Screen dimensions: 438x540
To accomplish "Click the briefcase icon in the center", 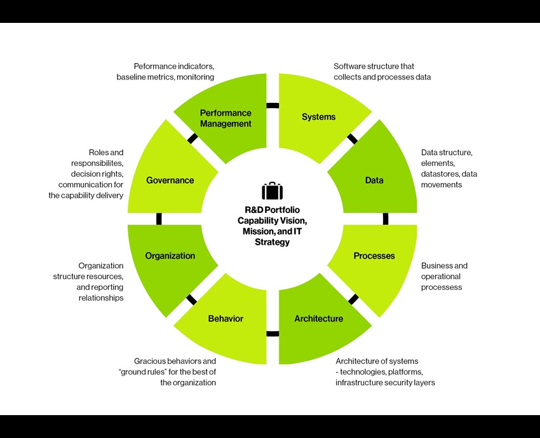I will [272, 191].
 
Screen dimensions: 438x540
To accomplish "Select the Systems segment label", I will [318, 117].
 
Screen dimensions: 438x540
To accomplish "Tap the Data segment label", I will [374, 180].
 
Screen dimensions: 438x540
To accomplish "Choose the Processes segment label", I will [374, 256].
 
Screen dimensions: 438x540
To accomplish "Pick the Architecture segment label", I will [318, 318].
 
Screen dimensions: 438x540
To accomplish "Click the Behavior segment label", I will [226, 318].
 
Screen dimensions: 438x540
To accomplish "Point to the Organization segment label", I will [170, 256].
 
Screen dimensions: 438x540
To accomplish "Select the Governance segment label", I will [170, 180].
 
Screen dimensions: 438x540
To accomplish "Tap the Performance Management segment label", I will [226, 118].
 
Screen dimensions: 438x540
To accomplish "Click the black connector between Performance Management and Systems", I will [273, 106].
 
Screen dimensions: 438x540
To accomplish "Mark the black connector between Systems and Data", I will [352, 139].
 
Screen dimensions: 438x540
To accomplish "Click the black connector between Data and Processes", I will [386, 218].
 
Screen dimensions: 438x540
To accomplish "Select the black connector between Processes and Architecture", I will [353, 299].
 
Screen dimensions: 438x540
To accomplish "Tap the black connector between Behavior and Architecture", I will [273, 333].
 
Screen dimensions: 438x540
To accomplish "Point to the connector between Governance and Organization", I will [159, 218].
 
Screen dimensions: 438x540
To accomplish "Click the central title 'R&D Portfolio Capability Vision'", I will [272, 214].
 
